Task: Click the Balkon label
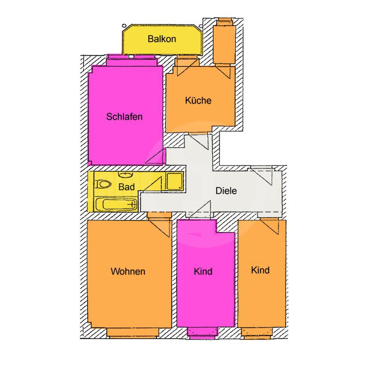pyautogui.click(x=162, y=39)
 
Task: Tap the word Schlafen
pyautogui.click(x=124, y=117)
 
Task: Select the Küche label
pyautogui.click(x=198, y=100)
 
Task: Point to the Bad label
pyautogui.click(x=126, y=187)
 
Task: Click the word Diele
pyautogui.click(x=226, y=191)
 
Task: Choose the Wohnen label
pyautogui.click(x=128, y=271)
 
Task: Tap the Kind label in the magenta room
pyautogui.click(x=203, y=271)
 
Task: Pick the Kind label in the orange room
pyautogui.click(x=260, y=270)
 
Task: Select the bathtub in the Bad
pyautogui.click(x=116, y=204)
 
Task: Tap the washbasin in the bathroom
pyautogui.click(x=125, y=174)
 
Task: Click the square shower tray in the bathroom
pyautogui.click(x=175, y=181)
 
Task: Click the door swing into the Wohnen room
pyautogui.click(x=159, y=226)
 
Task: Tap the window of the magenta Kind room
pyautogui.click(x=202, y=333)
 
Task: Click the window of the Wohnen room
pyautogui.click(x=133, y=333)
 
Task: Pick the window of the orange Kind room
pyautogui.click(x=257, y=333)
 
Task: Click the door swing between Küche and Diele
pyautogui.click(x=198, y=141)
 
